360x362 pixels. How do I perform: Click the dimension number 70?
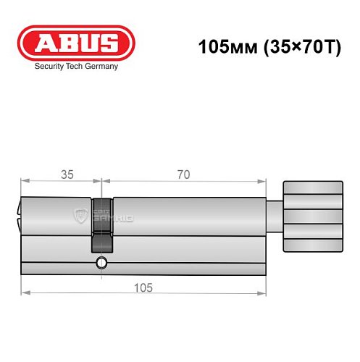(183, 174)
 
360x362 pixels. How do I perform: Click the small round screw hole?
(101, 262)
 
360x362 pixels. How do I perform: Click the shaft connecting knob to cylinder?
(276, 216)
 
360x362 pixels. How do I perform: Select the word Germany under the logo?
(101, 65)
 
